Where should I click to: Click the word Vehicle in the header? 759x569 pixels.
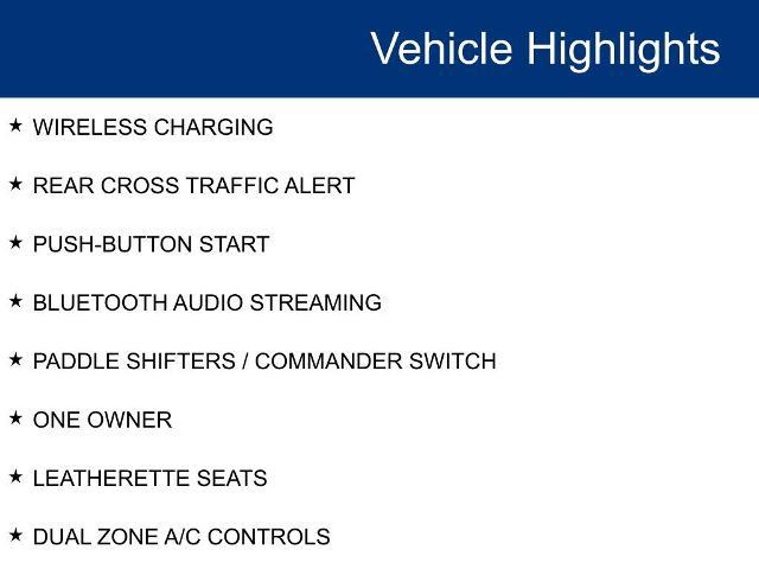[x=441, y=49]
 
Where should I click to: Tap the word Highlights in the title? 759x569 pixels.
[x=624, y=51]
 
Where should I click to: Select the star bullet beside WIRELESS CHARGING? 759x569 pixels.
[x=16, y=125]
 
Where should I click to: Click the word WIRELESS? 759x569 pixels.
[x=90, y=127]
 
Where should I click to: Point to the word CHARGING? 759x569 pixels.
[x=213, y=127]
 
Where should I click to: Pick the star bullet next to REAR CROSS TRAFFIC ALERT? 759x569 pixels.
[x=16, y=184]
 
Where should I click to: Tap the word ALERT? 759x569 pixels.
[x=319, y=186]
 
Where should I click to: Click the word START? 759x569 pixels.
[x=234, y=244]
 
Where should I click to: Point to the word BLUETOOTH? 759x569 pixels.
[x=100, y=303]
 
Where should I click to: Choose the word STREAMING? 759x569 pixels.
[x=316, y=303]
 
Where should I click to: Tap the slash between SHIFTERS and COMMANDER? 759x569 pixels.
[x=245, y=361]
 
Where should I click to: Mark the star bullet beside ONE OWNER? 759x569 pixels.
[x=16, y=418]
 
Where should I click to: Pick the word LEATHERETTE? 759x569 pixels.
[x=112, y=478]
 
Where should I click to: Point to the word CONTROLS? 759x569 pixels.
[x=269, y=537]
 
